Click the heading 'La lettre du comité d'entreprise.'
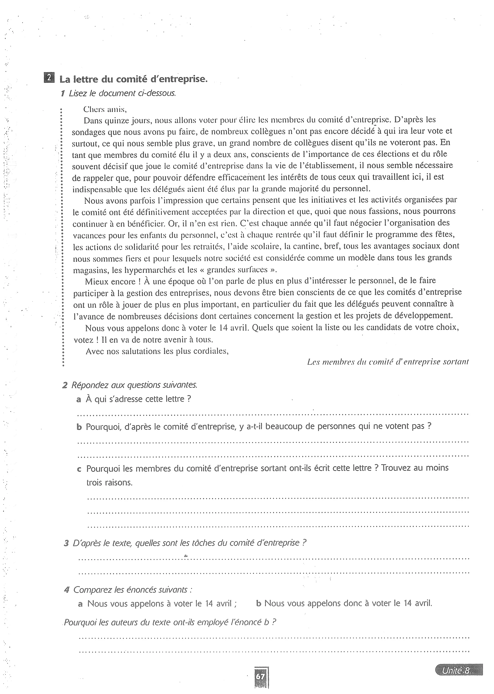click(x=133, y=79)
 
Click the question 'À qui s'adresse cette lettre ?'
click(x=138, y=399)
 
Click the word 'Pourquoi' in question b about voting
click(x=100, y=426)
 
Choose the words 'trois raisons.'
click(x=110, y=483)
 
